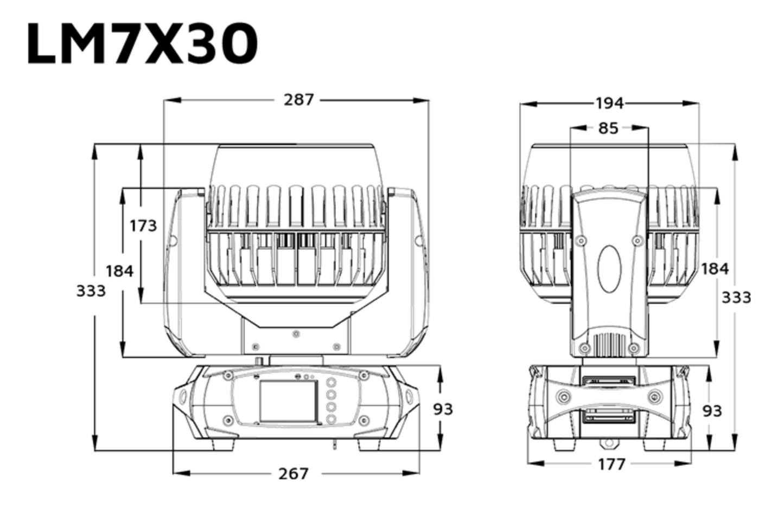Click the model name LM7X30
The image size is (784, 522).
142,44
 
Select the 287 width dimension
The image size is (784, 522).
298,100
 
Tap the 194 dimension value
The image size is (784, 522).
609,104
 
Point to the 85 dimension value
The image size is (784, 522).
608,128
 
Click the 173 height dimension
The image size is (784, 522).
143,226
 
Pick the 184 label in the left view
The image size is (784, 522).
120,272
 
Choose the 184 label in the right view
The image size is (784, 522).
715,269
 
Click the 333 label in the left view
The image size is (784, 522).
91,291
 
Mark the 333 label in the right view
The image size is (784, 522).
737,298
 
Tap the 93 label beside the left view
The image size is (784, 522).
443,409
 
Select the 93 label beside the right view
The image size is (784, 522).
712,411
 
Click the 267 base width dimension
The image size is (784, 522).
294,474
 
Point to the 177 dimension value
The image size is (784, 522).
611,465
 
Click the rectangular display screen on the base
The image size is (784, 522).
289,401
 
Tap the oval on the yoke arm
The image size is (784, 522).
609,269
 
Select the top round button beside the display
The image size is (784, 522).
331,382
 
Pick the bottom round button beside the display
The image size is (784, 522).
331,419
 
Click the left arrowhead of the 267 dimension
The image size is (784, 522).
182,473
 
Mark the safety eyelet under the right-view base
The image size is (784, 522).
609,443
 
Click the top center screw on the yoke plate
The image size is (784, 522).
296,334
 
